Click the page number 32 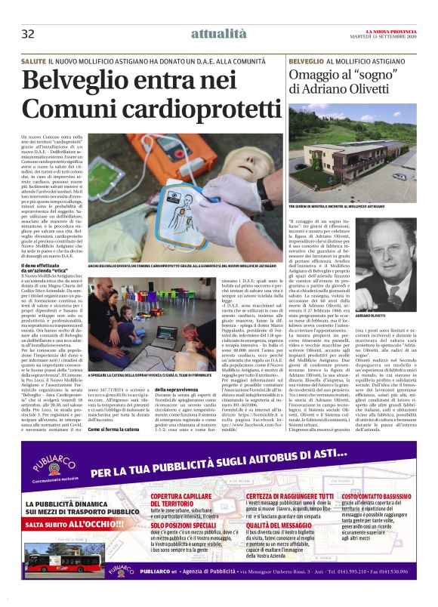28,34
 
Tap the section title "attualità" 218,33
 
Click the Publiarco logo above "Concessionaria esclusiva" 48,456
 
